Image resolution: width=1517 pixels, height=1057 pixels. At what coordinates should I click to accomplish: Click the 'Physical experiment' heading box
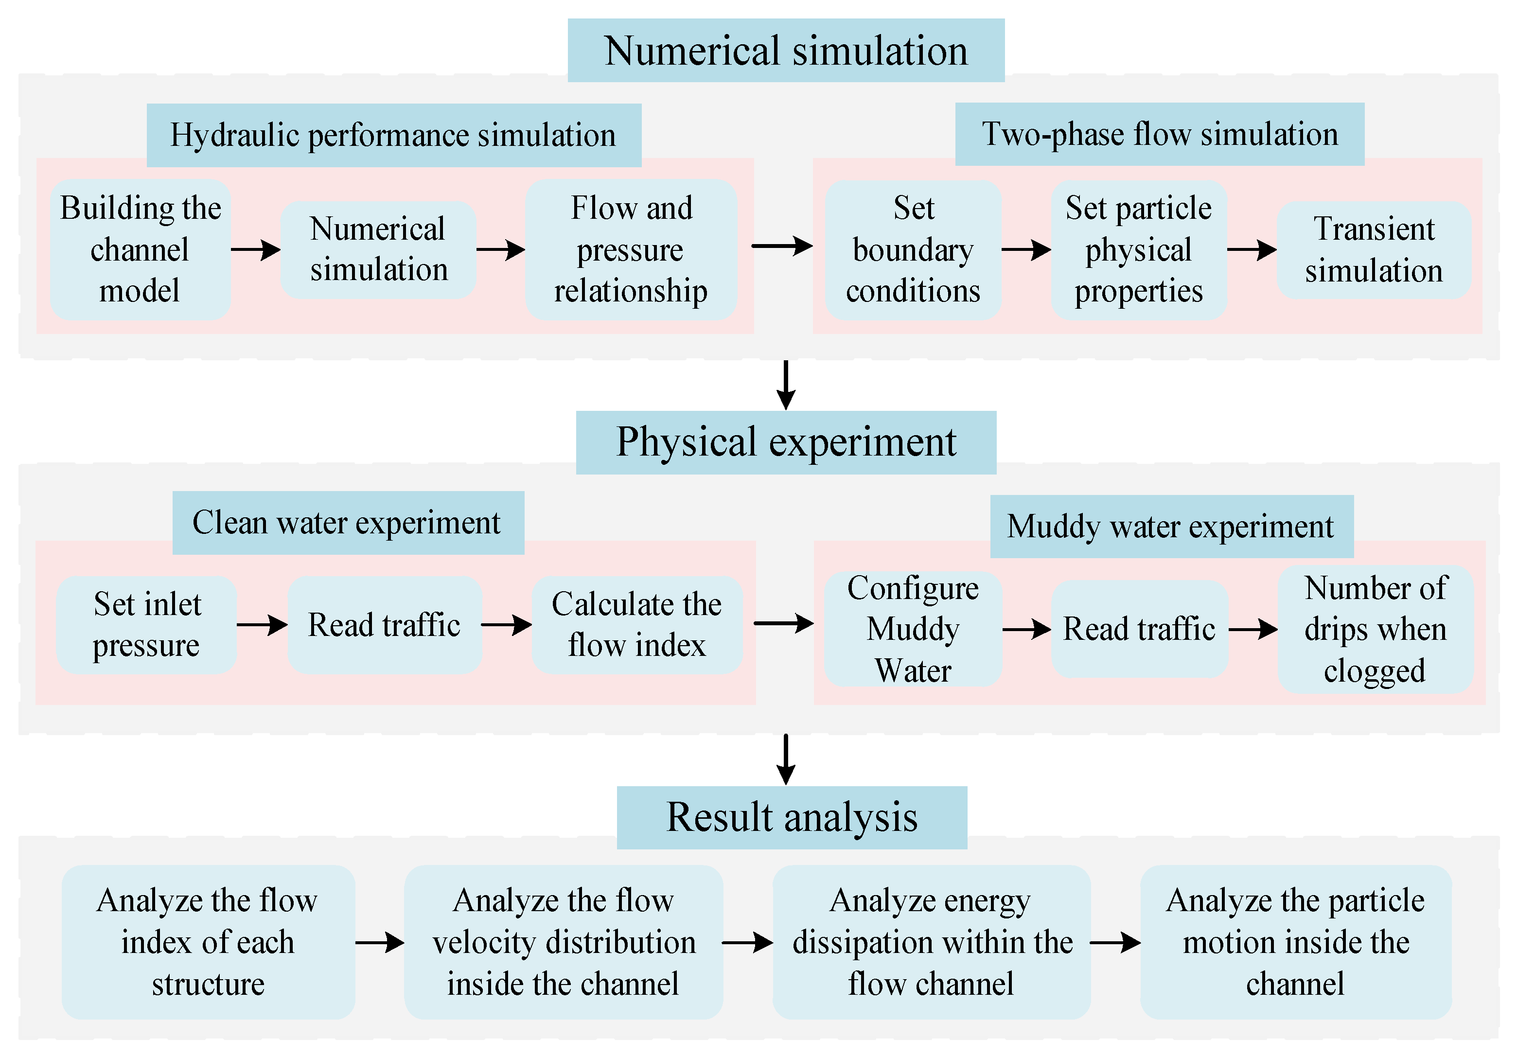click(786, 442)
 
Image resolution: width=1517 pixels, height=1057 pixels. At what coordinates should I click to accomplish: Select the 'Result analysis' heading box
click(792, 817)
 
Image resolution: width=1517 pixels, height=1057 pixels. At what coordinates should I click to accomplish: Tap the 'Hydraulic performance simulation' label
click(394, 135)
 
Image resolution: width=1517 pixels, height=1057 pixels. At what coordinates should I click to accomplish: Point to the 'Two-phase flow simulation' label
click(1160, 134)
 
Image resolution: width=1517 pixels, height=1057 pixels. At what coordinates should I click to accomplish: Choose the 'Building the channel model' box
click(140, 250)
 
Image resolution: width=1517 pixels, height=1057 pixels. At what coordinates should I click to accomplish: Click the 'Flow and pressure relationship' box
click(631, 250)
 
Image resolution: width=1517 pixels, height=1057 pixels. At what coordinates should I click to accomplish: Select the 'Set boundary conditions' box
click(913, 250)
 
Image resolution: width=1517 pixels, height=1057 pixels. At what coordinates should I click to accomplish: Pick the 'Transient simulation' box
click(1374, 250)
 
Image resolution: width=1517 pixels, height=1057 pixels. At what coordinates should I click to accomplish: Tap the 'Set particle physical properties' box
click(1138, 250)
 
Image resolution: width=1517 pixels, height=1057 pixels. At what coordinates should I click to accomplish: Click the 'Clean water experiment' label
click(348, 523)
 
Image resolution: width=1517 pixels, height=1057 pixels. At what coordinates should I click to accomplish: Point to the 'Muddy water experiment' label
click(1171, 527)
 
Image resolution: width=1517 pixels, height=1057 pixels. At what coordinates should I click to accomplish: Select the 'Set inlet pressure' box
click(147, 624)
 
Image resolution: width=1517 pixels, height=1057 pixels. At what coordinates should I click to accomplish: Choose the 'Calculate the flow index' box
click(637, 624)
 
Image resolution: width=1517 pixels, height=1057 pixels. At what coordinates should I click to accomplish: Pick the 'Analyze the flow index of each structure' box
click(208, 942)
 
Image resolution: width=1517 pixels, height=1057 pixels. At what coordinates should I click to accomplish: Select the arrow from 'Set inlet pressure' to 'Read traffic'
click(262, 624)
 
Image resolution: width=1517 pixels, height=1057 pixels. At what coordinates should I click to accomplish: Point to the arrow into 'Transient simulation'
click(1252, 250)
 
